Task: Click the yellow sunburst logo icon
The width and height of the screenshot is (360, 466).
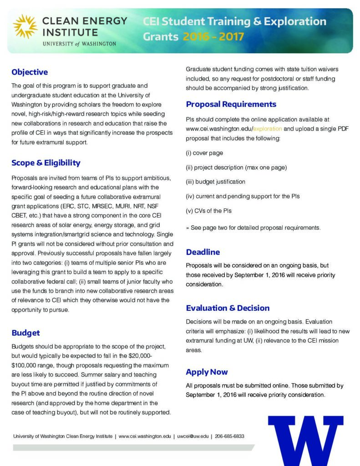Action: [x=25, y=26]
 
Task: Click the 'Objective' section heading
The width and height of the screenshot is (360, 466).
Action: [x=30, y=72]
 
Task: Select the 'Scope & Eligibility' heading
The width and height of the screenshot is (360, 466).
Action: [x=46, y=163]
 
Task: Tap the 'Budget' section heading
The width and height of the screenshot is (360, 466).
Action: [x=25, y=333]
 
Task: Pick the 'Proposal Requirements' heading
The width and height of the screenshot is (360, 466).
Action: [x=231, y=104]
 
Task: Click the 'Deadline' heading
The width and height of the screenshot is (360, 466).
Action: [x=203, y=252]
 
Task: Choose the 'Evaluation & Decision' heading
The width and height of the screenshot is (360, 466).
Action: [x=228, y=308]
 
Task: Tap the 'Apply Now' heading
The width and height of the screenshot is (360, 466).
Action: [x=207, y=372]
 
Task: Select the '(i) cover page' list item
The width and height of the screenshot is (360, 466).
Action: [x=204, y=153]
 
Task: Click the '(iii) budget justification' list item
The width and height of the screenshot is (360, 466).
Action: [x=215, y=182]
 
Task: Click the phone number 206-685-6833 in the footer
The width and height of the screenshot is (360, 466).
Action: [x=229, y=436]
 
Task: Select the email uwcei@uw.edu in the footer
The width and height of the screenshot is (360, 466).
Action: [x=193, y=436]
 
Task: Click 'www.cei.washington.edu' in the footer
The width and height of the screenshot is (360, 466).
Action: [x=145, y=436]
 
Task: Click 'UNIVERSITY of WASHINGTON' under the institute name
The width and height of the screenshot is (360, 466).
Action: [x=79, y=44]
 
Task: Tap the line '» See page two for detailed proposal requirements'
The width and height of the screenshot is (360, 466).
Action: [x=253, y=228]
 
